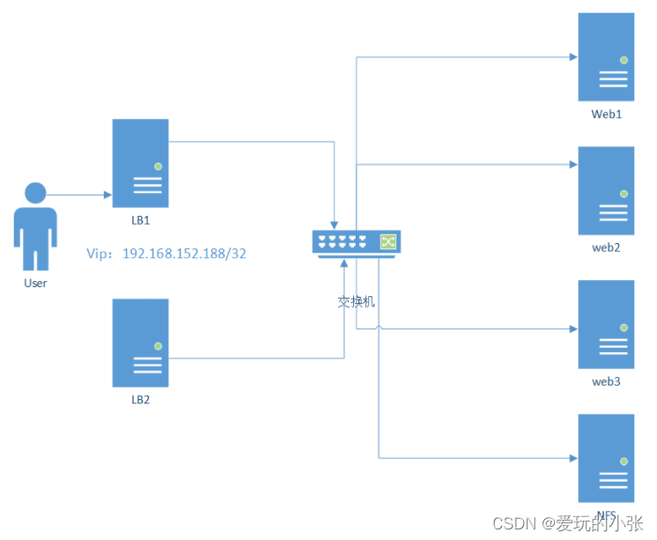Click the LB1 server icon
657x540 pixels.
[x=140, y=163]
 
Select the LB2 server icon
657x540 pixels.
[x=140, y=343]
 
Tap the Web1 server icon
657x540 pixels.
[x=606, y=57]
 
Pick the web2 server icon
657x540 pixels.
[x=606, y=191]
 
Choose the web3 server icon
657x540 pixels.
[x=606, y=324]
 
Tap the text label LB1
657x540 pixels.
[x=141, y=219]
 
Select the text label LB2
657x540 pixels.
[x=141, y=399]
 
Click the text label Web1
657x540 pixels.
[x=606, y=115]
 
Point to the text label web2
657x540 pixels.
[x=606, y=248]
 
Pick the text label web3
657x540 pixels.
[x=606, y=381]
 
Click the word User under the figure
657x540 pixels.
[x=35, y=283]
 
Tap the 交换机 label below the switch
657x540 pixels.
[x=357, y=301]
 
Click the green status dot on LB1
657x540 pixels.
[x=158, y=166]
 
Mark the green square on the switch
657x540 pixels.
[x=388, y=240]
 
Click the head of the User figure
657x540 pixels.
[x=35, y=193]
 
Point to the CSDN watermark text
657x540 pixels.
[x=567, y=523]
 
